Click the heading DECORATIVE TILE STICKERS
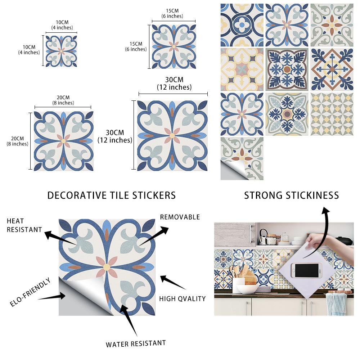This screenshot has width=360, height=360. point(112,195)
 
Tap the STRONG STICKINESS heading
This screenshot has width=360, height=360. point(292,195)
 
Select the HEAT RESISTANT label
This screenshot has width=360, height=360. point(24,225)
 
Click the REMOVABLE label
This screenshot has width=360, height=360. point(180,217)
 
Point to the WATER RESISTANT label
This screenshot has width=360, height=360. point(136,343)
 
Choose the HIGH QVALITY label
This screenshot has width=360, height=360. point(183,298)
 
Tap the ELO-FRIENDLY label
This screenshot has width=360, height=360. point(30,292)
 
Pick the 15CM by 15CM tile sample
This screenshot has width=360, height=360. point(174,46)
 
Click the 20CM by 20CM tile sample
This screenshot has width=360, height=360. point(63,141)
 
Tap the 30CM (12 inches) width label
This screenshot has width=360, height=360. point(174,83)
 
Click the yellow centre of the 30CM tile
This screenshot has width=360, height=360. point(172,135)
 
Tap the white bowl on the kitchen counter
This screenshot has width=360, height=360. point(247,289)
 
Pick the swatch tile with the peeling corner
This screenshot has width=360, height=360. point(242,158)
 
